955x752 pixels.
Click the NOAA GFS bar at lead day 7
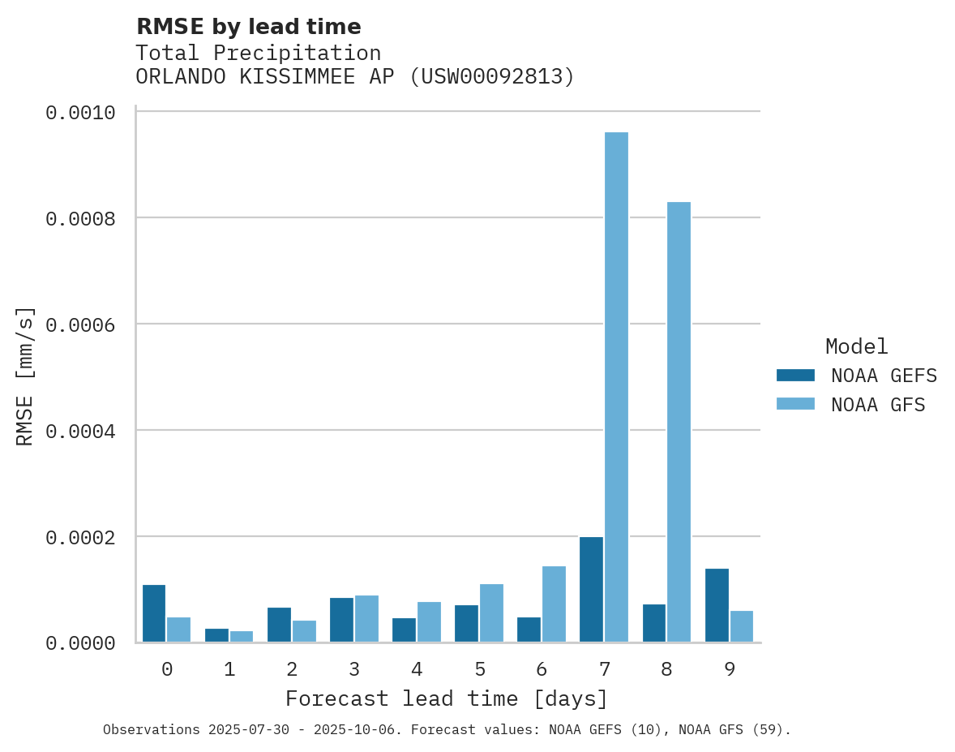[616, 387]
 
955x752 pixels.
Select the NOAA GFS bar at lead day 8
[679, 422]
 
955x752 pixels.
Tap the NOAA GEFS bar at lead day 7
[591, 589]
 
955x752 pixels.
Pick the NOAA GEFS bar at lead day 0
[154, 613]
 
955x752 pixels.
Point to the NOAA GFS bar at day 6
[554, 604]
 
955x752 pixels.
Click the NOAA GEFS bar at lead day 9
[717, 605]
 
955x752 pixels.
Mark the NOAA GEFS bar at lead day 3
[341, 620]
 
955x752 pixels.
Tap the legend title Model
[856, 346]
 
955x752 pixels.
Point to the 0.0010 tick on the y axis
[79, 112]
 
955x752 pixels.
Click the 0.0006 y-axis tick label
[79, 324]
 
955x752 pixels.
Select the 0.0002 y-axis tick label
[79, 537]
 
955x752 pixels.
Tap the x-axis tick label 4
[417, 669]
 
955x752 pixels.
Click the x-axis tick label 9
[729, 669]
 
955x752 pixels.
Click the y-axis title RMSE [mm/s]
[25, 376]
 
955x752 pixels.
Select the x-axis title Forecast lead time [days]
[447, 698]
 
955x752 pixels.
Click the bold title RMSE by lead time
[248, 27]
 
